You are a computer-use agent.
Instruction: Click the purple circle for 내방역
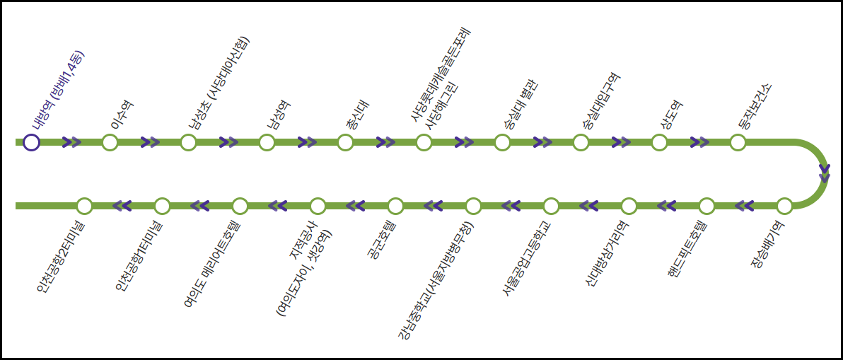pyautogui.click(x=31, y=143)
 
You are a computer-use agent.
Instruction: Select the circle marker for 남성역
pyautogui.click(x=267, y=143)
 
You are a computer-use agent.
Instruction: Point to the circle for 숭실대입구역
pyautogui.click(x=581, y=143)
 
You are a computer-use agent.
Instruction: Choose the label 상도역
pyautogui.click(x=671, y=114)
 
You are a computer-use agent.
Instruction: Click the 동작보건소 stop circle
pyautogui.click(x=738, y=143)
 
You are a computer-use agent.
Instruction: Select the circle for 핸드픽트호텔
pyautogui.click(x=707, y=206)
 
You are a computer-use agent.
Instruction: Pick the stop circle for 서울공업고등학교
pyautogui.click(x=551, y=206)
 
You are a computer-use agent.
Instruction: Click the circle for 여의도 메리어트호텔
pyautogui.click(x=240, y=206)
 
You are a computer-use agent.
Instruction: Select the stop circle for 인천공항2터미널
pyautogui.click(x=84, y=206)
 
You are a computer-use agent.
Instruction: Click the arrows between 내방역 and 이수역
pyautogui.click(x=71, y=142)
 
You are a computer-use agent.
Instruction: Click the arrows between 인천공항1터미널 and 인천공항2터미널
pyautogui.click(x=122, y=206)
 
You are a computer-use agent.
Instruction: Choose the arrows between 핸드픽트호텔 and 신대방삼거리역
pyautogui.click(x=667, y=206)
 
